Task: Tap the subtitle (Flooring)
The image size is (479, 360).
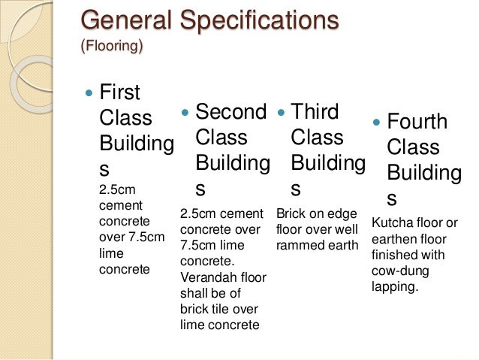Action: (112, 46)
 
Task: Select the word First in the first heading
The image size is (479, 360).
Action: (120, 92)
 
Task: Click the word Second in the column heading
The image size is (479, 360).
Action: (230, 112)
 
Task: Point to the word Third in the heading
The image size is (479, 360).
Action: (315, 112)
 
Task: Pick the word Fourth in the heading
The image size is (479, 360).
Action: (417, 122)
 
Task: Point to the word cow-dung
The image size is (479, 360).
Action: (398, 271)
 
